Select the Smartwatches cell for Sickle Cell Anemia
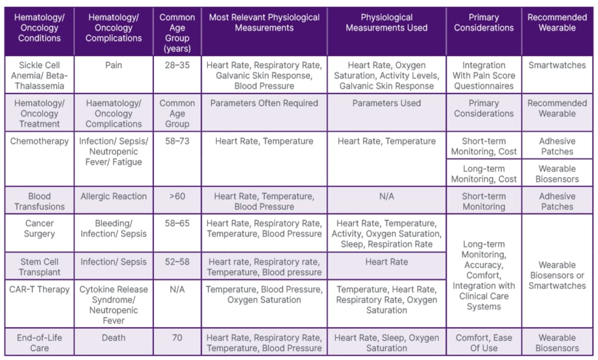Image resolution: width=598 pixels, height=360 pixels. (557, 65)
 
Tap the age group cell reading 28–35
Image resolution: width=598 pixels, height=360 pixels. (177, 65)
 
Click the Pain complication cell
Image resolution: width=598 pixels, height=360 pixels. (113, 65)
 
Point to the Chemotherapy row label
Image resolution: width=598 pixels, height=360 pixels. (39, 141)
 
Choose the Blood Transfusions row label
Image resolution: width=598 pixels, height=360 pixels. (39, 201)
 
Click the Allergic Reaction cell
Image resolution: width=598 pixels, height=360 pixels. (113, 197)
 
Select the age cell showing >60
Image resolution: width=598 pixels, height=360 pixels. (177, 197)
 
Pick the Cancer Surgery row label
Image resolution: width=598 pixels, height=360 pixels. (39, 228)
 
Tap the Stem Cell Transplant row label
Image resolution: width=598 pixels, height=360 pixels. (39, 267)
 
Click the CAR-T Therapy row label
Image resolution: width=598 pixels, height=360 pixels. (39, 289)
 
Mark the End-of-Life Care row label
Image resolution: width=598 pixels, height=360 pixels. (39, 343)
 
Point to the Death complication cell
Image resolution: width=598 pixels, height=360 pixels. (113, 338)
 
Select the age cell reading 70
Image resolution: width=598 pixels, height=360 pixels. (177, 338)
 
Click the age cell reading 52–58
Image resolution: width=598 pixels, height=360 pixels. (177, 262)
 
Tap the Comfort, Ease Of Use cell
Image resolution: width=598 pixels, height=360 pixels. (483, 343)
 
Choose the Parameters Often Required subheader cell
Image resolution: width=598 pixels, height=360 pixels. (264, 103)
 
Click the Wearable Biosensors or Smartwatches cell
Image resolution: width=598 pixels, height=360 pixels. (557, 275)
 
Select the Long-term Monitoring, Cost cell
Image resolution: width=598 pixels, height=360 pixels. (483, 174)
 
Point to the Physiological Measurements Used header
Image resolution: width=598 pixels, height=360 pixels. (386, 23)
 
